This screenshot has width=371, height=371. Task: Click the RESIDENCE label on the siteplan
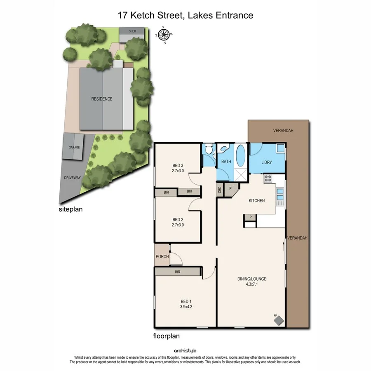click(x=102, y=99)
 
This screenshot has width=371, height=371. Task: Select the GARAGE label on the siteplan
click(x=74, y=147)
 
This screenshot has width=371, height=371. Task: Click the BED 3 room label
click(x=178, y=166)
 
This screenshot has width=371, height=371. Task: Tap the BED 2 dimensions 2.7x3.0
click(x=178, y=225)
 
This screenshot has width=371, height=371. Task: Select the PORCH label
click(x=162, y=256)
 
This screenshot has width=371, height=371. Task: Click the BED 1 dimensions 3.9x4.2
click(x=186, y=307)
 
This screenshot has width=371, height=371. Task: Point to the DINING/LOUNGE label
click(x=251, y=279)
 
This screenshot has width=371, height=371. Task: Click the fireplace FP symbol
click(x=279, y=319)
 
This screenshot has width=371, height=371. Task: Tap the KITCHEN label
click(x=256, y=201)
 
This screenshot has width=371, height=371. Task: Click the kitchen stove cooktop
click(x=268, y=178)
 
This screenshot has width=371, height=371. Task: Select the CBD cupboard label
click(x=220, y=190)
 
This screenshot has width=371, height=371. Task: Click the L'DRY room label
click(x=267, y=162)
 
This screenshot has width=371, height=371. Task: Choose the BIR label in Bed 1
click(x=177, y=272)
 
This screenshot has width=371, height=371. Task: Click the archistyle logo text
click(x=185, y=351)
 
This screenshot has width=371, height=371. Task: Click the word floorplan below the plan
click(x=166, y=336)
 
